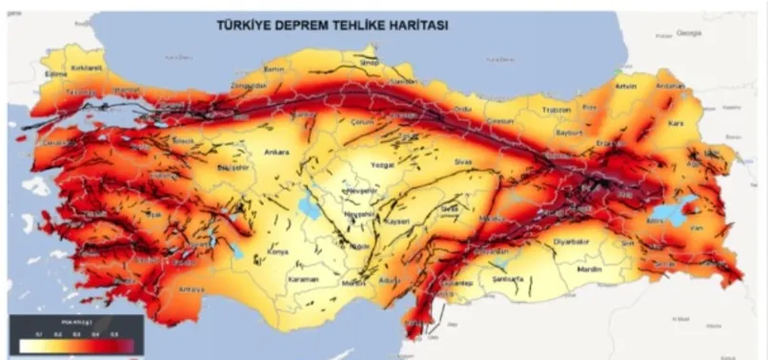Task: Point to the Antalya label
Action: [191, 289]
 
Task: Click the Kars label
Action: [677, 123]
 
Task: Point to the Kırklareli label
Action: [87, 69]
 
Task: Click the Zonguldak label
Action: [250, 84]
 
